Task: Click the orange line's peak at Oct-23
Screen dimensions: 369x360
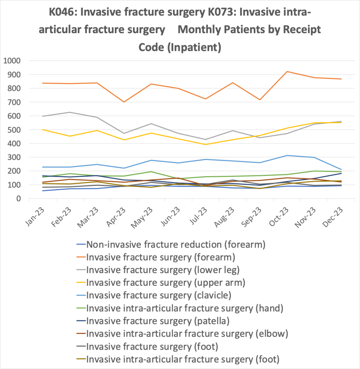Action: [286, 71]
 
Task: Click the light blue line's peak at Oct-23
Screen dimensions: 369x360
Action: [286, 155]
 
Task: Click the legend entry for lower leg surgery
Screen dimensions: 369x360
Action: [163, 270]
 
